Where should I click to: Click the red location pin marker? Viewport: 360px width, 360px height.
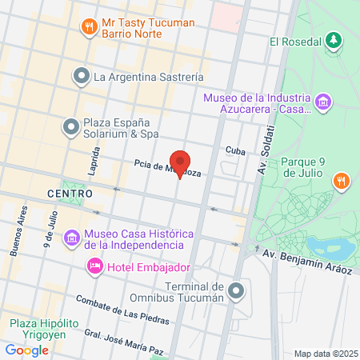[x=179, y=163]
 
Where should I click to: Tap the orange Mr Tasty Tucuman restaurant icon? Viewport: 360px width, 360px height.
[x=89, y=30]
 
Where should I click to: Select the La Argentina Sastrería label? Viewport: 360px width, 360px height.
[x=148, y=77]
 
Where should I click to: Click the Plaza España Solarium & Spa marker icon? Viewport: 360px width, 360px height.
[x=71, y=126]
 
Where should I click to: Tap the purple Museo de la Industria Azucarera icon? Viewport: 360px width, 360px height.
[x=323, y=103]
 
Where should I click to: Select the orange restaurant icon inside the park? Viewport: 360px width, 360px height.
[x=341, y=180]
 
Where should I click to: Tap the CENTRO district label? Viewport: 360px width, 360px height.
[x=70, y=194]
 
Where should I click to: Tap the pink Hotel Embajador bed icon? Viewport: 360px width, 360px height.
[x=94, y=264]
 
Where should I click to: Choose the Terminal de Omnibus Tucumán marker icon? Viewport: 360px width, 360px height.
[x=235, y=292]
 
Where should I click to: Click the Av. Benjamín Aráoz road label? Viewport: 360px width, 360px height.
[x=308, y=262]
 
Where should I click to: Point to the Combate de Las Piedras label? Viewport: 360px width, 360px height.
[x=121, y=310]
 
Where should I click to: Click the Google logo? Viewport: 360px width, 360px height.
[x=27, y=350]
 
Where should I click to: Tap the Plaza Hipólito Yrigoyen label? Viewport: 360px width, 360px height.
[x=44, y=329]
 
